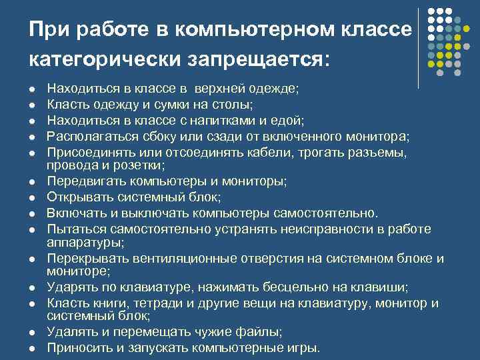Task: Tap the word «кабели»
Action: point(274,153)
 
